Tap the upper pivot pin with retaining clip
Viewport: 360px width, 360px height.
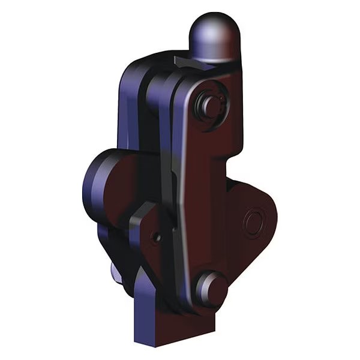click(211, 105)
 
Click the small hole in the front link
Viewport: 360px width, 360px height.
click(157, 238)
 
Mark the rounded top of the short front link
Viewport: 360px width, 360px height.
click(144, 210)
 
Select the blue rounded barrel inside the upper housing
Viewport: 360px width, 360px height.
click(159, 90)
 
